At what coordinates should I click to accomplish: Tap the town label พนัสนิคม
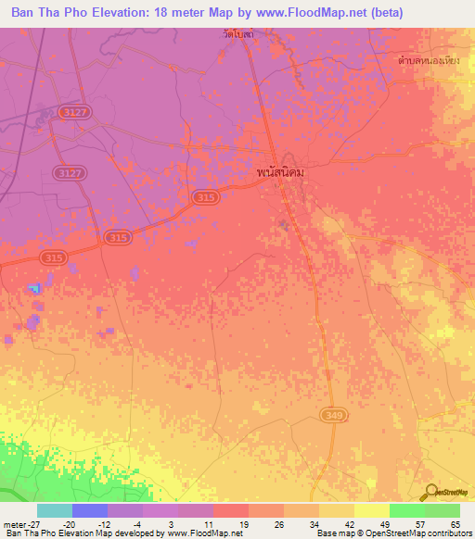coord(281,172)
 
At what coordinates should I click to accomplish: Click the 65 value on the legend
coord(455,523)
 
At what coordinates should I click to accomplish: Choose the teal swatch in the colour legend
coord(55,510)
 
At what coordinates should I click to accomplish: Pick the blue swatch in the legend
coord(90,510)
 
